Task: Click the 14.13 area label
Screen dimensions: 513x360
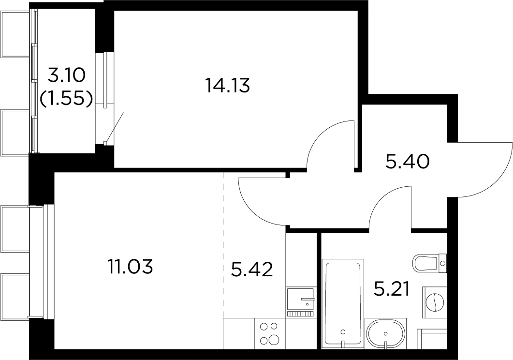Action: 227,86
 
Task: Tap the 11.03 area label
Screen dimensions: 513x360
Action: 130,267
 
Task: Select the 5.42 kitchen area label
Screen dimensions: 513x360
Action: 252,270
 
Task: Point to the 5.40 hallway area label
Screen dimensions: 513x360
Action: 407,162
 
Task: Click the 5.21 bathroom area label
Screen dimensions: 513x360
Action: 392,289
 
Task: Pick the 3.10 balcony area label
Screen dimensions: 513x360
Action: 66,76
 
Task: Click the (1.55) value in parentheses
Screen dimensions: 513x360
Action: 65,98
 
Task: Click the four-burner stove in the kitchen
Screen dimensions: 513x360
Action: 269,333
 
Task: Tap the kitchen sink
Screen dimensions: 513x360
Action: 301,300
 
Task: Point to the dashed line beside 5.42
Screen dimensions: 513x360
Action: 223,245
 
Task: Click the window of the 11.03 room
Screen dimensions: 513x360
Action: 42,261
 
